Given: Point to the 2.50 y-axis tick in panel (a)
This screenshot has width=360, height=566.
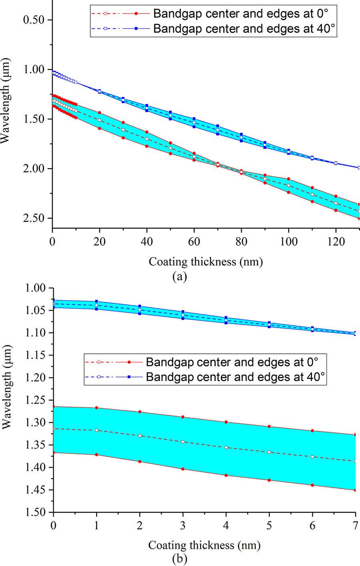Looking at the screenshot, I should coord(37,219).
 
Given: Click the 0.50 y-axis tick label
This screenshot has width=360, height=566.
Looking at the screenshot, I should coord(37,20).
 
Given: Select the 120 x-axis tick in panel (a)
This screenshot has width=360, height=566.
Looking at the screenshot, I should coord(336,242).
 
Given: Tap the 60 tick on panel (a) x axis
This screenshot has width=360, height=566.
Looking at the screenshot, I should coord(194,242).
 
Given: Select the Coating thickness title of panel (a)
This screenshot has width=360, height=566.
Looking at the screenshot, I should coord(205,262).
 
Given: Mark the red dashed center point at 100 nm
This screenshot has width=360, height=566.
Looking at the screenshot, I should coord(288,185).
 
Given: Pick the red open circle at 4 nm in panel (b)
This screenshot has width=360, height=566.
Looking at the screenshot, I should coord(226,448).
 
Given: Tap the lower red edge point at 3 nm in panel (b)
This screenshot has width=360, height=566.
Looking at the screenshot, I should coord(183,469).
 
